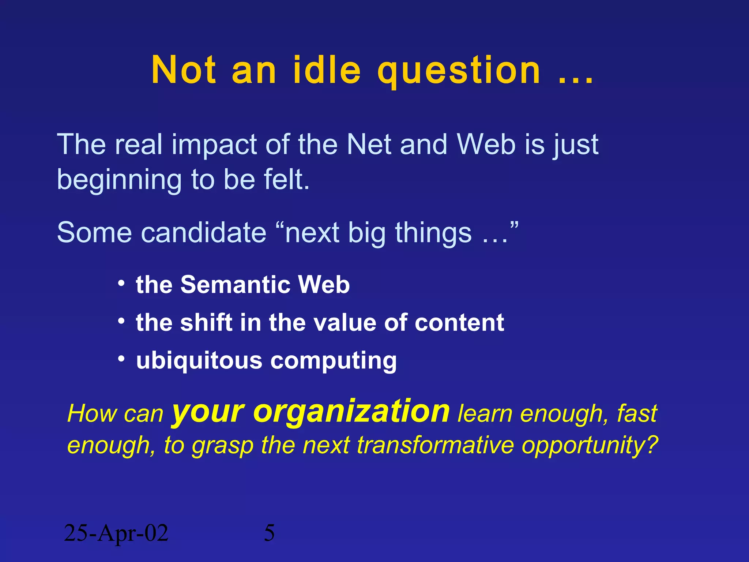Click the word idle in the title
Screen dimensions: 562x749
click(327, 70)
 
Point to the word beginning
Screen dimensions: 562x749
click(119, 180)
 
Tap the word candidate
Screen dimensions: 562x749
click(204, 233)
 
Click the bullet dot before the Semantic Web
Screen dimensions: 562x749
click(121, 283)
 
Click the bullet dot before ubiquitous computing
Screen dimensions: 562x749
click(121, 359)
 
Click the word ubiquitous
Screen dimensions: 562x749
click(199, 361)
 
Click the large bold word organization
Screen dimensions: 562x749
click(351, 412)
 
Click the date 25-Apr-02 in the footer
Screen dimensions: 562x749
click(116, 533)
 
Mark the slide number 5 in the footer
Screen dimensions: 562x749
click(269, 533)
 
